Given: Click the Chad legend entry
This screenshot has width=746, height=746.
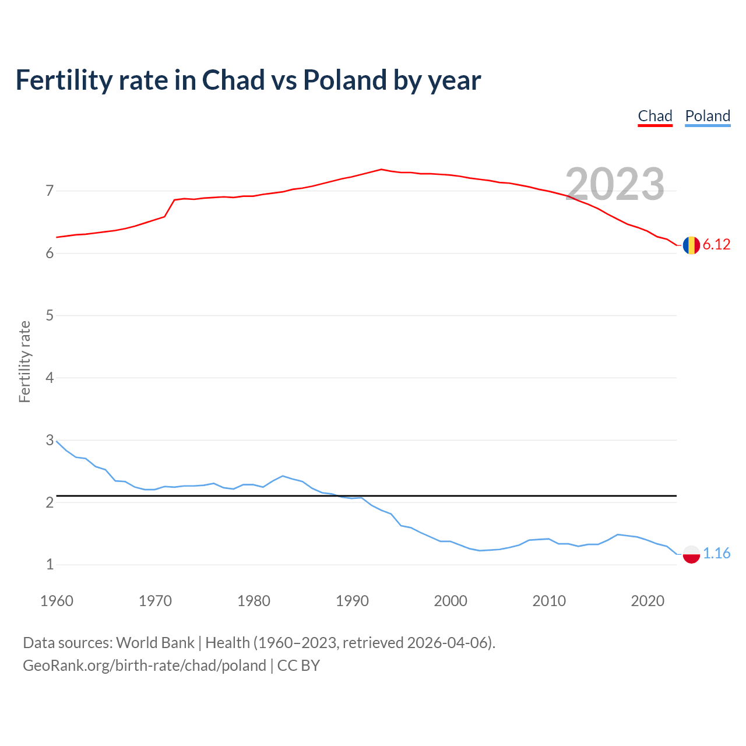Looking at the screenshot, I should (x=655, y=116).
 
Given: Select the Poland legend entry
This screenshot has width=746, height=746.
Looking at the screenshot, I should (x=708, y=116).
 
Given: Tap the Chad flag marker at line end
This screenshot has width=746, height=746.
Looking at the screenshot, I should (x=691, y=245).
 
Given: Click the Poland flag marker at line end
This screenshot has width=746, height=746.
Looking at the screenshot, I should (x=691, y=554).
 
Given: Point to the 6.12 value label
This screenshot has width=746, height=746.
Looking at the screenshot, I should (x=716, y=245).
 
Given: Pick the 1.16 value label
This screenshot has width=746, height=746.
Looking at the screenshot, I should (x=716, y=554).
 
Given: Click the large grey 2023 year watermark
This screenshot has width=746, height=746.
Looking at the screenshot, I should (x=615, y=184).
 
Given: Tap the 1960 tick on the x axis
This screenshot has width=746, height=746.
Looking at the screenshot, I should (x=57, y=601).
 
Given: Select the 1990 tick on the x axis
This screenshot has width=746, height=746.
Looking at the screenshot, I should (x=352, y=601).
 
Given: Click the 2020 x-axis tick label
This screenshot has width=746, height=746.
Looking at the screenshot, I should (x=648, y=601).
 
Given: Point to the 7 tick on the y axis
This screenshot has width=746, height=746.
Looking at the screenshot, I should (x=50, y=191).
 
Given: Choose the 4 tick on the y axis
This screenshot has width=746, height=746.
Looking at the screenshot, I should (x=50, y=378).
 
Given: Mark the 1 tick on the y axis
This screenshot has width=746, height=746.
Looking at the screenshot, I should (x=50, y=565).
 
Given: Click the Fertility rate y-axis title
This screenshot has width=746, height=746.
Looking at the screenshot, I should (x=24, y=361).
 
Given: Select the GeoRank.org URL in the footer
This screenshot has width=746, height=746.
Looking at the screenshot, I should (x=144, y=666).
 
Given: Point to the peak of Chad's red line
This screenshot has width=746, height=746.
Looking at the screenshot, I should (x=381, y=169).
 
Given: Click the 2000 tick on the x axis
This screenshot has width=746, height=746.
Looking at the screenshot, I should (x=451, y=601).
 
